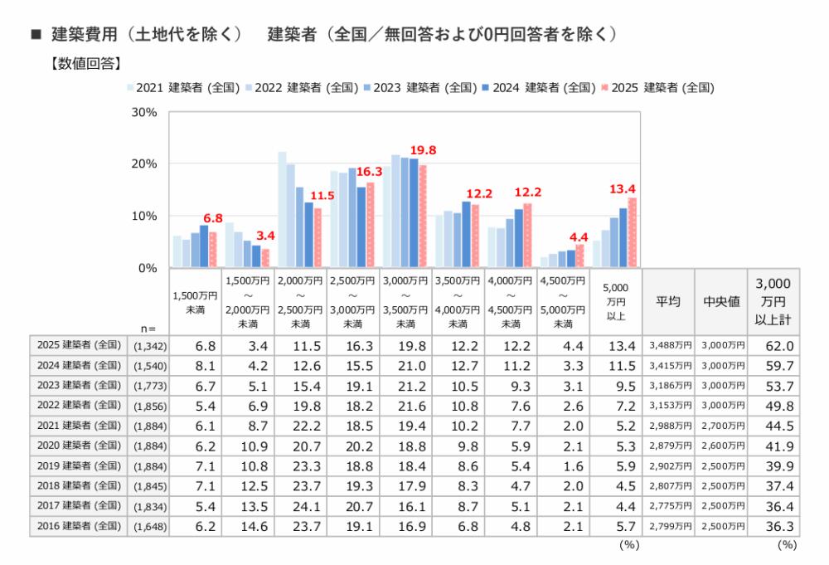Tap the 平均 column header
668,301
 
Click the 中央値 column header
721,301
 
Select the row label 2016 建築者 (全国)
80,525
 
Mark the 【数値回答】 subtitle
86,62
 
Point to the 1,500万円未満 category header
196,301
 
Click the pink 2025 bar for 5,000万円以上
633,232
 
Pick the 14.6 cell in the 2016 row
249,525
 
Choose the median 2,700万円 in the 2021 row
721,426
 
